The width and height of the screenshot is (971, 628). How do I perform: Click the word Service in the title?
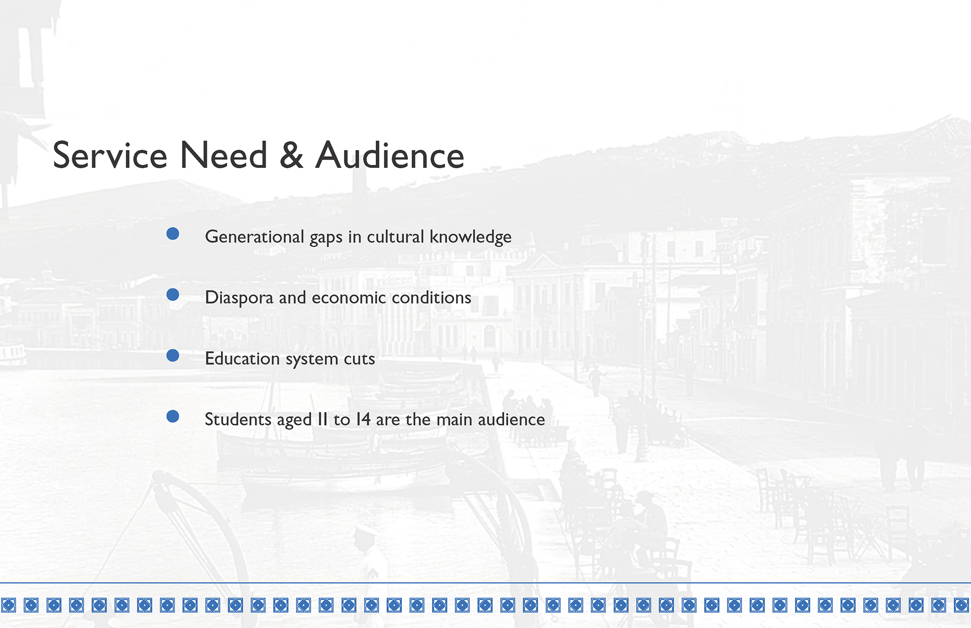point(110,155)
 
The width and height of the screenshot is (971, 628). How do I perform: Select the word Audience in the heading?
point(390,155)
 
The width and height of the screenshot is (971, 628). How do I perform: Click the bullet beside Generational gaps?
point(173,234)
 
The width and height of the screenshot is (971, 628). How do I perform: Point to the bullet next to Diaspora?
point(173,295)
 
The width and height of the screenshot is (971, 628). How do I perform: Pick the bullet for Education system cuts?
point(173,355)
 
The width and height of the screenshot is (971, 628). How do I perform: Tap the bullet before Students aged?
point(173,416)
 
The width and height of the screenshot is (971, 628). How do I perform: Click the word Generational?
point(254,237)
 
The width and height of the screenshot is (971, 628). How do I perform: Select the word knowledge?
point(471,237)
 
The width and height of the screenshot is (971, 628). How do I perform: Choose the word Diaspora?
point(239,298)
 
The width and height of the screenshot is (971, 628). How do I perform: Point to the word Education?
point(242,358)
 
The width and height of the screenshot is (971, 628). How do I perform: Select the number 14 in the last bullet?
point(363,419)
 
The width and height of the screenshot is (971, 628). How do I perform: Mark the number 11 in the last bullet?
point(323,419)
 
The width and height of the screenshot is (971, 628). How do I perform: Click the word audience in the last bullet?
point(511,419)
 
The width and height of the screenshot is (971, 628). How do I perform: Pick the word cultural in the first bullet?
point(395,237)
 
